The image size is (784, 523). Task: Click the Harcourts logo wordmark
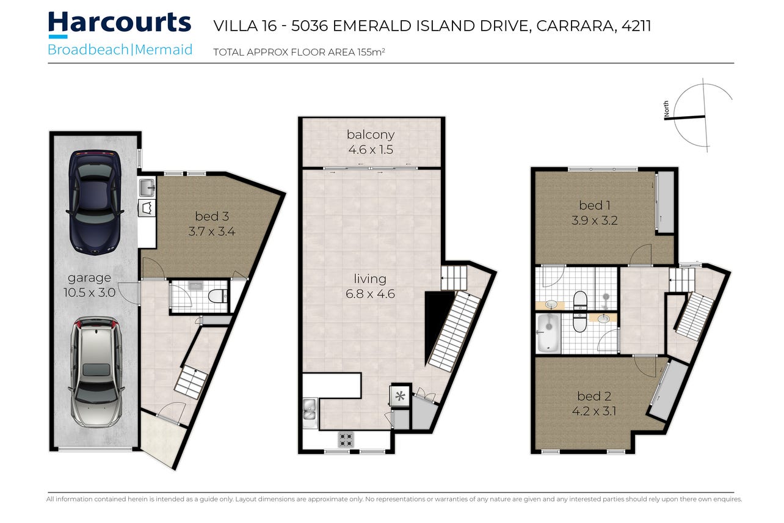pos(120,23)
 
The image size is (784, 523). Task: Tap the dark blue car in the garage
pos(95,203)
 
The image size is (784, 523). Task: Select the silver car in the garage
pos(96,373)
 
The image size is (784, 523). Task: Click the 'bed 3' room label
pos(212,216)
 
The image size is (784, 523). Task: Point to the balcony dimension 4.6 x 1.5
pos(371,150)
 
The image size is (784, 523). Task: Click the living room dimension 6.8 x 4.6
pos(370,293)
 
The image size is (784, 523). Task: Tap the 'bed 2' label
pos(594,396)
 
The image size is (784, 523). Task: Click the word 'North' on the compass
pos(666,109)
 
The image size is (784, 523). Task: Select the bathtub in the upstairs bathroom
pos(548,333)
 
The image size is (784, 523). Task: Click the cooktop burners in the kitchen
pos(346,440)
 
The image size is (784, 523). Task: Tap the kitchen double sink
pos(310,413)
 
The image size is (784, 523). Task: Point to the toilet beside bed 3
pos(218,296)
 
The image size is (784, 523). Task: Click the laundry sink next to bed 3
pos(147,188)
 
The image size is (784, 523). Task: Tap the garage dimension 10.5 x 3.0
pos(89,292)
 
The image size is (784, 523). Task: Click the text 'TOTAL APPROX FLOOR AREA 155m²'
pos(299,52)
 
